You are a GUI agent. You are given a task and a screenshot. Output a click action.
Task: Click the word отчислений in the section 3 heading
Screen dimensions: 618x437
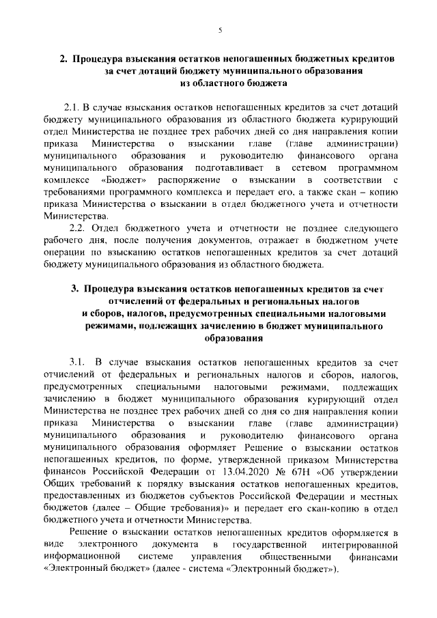pyautogui.click(x=136, y=302)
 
